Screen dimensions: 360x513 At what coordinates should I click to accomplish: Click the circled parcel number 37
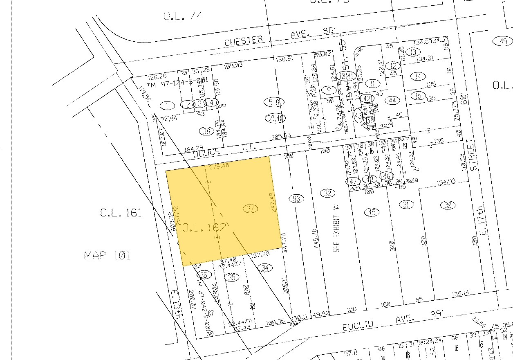coord(252,209)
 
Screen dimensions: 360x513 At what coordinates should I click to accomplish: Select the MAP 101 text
coord(107,256)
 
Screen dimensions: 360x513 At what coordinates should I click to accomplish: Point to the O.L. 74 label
coord(182,16)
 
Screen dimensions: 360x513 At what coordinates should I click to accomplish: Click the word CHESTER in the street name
coord(244,40)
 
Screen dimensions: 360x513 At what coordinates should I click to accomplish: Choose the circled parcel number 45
coord(372,212)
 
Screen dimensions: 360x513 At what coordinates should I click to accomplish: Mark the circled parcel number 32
coord(327,193)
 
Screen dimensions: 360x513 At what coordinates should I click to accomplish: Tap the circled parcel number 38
coord(206,131)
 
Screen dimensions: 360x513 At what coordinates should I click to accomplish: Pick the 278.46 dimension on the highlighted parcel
coord(219,167)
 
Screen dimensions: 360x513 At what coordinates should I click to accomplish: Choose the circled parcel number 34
coord(265,268)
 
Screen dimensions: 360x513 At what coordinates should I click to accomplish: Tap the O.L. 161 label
coord(121,213)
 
